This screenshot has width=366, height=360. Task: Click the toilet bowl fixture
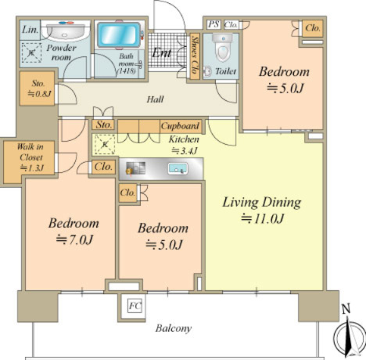[222, 47]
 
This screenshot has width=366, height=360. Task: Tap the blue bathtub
[120, 35]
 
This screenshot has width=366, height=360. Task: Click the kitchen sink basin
[178, 168]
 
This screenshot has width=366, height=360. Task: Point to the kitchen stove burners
[135, 168]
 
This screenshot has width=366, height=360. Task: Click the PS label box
[213, 24]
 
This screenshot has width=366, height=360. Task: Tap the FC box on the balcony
[135, 305]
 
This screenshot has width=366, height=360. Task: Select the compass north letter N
[346, 309]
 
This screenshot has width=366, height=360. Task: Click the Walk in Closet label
[31, 157]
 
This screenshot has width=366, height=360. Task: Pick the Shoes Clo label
[195, 56]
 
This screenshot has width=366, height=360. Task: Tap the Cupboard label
[180, 126]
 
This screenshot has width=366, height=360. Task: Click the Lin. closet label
[30, 30]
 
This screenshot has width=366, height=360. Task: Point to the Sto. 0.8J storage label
[38, 88]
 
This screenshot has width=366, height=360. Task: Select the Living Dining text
[262, 203]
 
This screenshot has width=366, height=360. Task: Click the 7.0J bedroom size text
[74, 239]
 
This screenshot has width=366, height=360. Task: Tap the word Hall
[155, 99]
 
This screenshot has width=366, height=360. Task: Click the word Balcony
[174, 328]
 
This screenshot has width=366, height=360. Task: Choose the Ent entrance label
[162, 53]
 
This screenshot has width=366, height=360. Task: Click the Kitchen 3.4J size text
[184, 150]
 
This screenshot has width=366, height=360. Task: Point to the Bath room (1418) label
[127, 63]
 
